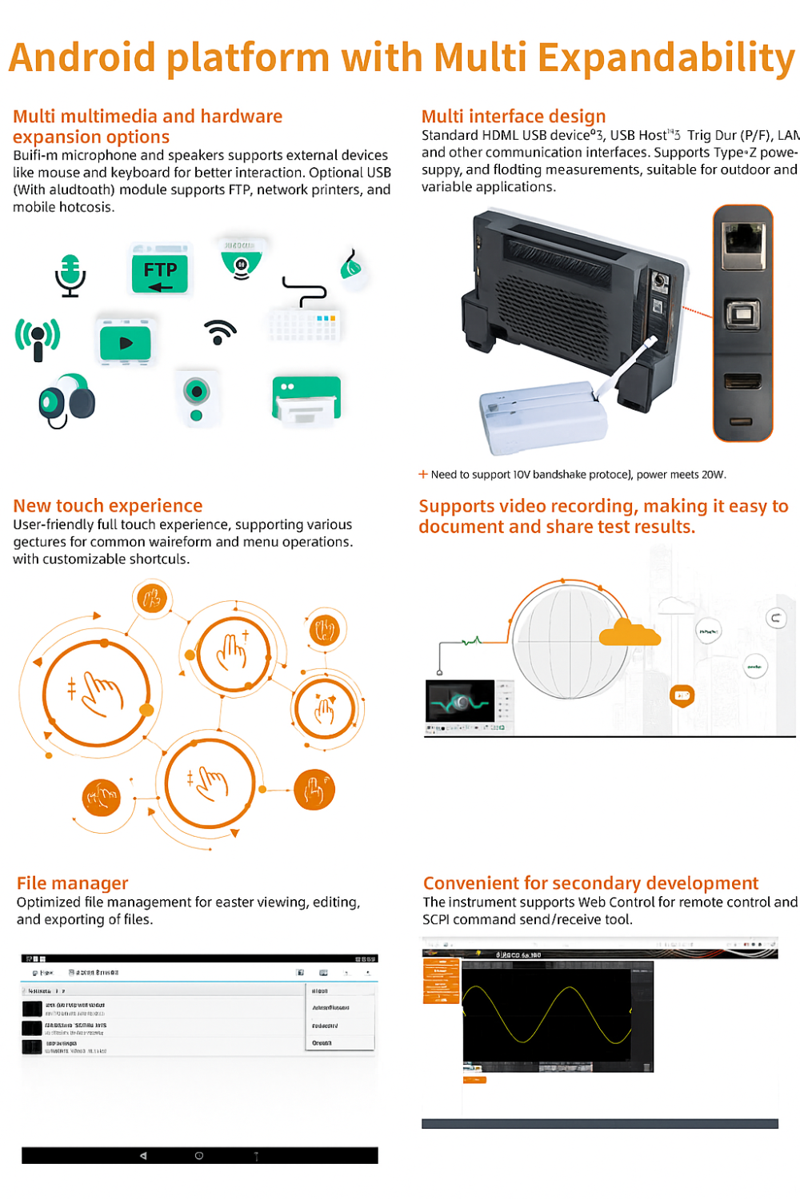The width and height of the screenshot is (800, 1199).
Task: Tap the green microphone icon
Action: click(70, 275)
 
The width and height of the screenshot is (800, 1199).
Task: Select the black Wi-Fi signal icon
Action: click(219, 331)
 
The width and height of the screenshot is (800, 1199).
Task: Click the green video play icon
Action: click(125, 343)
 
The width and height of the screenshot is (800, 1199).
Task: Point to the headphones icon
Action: click(66, 400)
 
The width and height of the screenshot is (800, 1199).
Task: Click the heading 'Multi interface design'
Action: click(513, 117)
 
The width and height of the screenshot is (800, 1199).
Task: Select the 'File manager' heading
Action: click(72, 883)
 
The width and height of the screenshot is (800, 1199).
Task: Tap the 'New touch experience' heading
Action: click(108, 506)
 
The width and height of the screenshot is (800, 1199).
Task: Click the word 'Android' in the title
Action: click(82, 58)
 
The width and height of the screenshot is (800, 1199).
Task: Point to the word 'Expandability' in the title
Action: click(666, 58)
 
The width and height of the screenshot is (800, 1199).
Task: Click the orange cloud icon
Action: click(630, 633)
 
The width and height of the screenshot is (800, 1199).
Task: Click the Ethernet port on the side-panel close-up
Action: click(743, 245)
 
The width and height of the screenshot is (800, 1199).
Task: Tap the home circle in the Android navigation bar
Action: click(199, 1156)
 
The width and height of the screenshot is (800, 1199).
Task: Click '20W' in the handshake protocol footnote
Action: click(714, 475)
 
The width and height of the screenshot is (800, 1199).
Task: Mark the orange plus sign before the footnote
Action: click(423, 474)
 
